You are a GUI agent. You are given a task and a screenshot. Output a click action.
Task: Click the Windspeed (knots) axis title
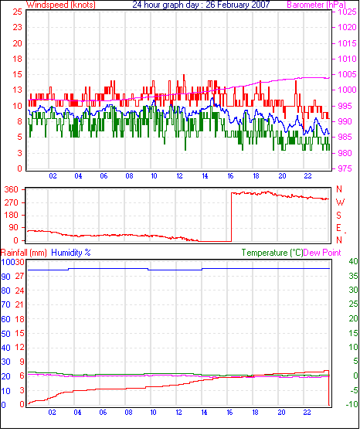coord(61,5)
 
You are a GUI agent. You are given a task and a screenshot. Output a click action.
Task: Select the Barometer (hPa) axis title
coord(317,5)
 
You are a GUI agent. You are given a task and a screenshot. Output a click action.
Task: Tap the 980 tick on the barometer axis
coord(345,153)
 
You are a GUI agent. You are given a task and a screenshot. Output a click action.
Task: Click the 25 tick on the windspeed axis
coord(17,12)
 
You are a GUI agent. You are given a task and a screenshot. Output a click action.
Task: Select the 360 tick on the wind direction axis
coord(12,190)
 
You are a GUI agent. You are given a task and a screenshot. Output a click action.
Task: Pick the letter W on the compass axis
coord(340,202)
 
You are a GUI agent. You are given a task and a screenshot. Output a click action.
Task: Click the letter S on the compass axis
coord(338,215)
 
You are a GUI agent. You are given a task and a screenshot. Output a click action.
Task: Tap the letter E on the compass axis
coord(338,228)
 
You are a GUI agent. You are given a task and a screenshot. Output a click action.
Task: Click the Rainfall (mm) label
coord(24,253)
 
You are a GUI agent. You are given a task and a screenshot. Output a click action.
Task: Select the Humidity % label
coord(71,253)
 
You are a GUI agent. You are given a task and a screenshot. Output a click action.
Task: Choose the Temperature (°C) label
coord(272,253)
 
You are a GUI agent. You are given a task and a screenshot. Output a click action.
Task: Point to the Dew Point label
coord(322,253)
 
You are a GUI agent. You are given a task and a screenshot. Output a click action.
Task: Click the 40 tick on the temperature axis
coord(353,261)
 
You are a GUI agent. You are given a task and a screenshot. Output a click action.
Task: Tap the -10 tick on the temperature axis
coord(352,404)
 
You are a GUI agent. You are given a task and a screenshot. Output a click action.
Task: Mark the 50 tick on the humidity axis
coord(6,334)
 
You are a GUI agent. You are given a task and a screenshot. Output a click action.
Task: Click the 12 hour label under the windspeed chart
coord(179,176)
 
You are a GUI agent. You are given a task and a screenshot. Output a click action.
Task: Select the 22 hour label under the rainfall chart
coord(307,413)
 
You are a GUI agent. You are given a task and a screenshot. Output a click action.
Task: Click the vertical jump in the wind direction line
coord(231,217)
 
